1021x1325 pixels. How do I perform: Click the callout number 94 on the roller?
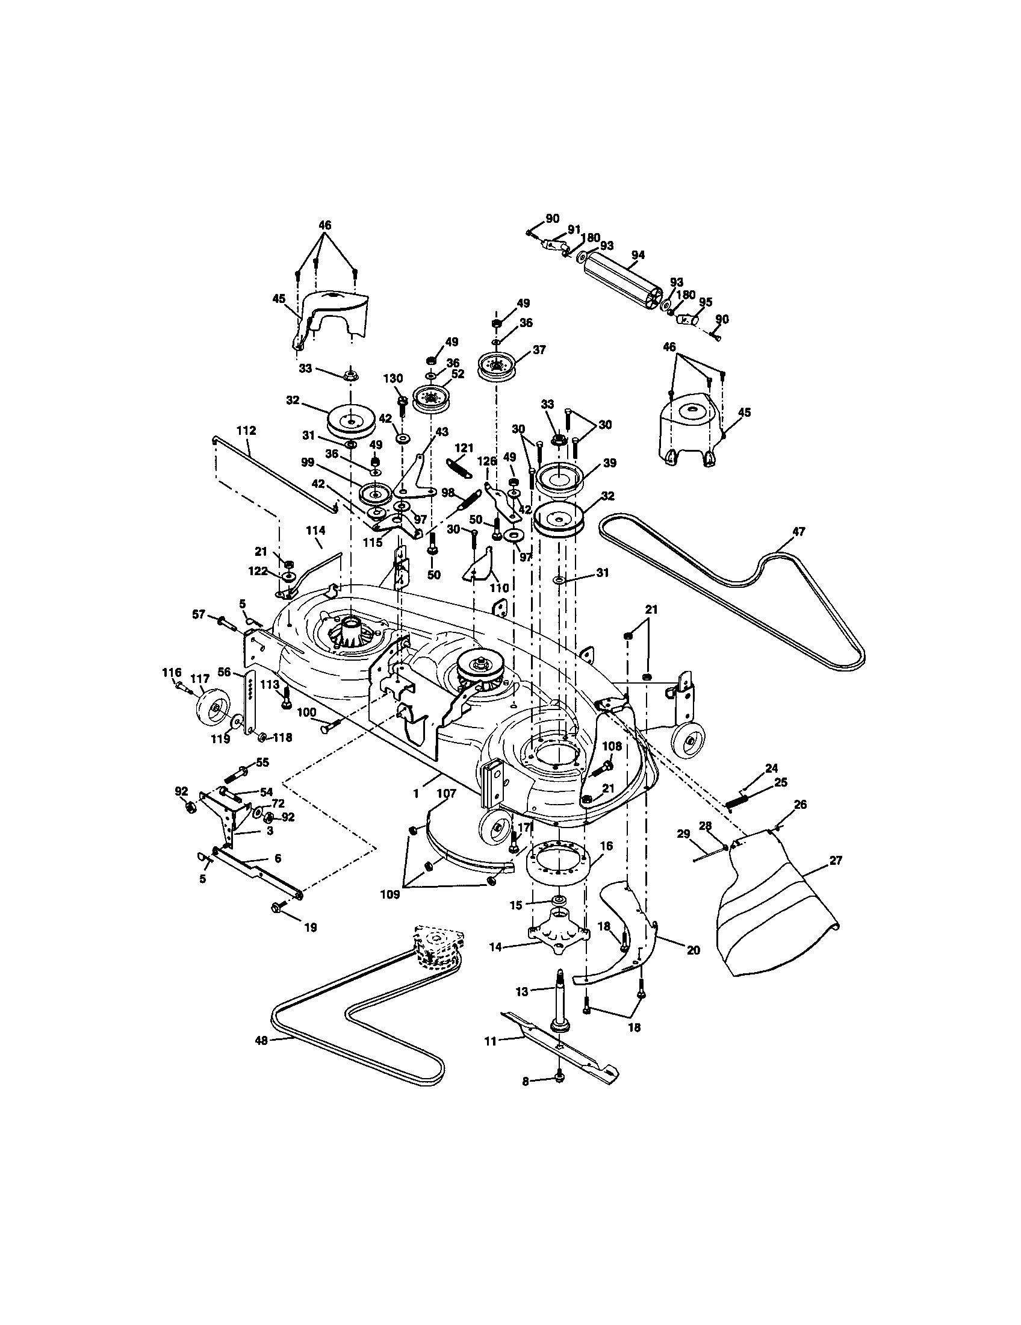tap(637, 255)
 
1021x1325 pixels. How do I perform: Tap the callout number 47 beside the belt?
tap(798, 531)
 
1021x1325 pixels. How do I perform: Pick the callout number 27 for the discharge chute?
tap(836, 860)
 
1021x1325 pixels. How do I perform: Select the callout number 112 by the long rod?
tap(246, 431)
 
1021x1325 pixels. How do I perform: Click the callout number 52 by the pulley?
tap(457, 375)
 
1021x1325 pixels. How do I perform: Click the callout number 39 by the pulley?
tap(609, 463)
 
